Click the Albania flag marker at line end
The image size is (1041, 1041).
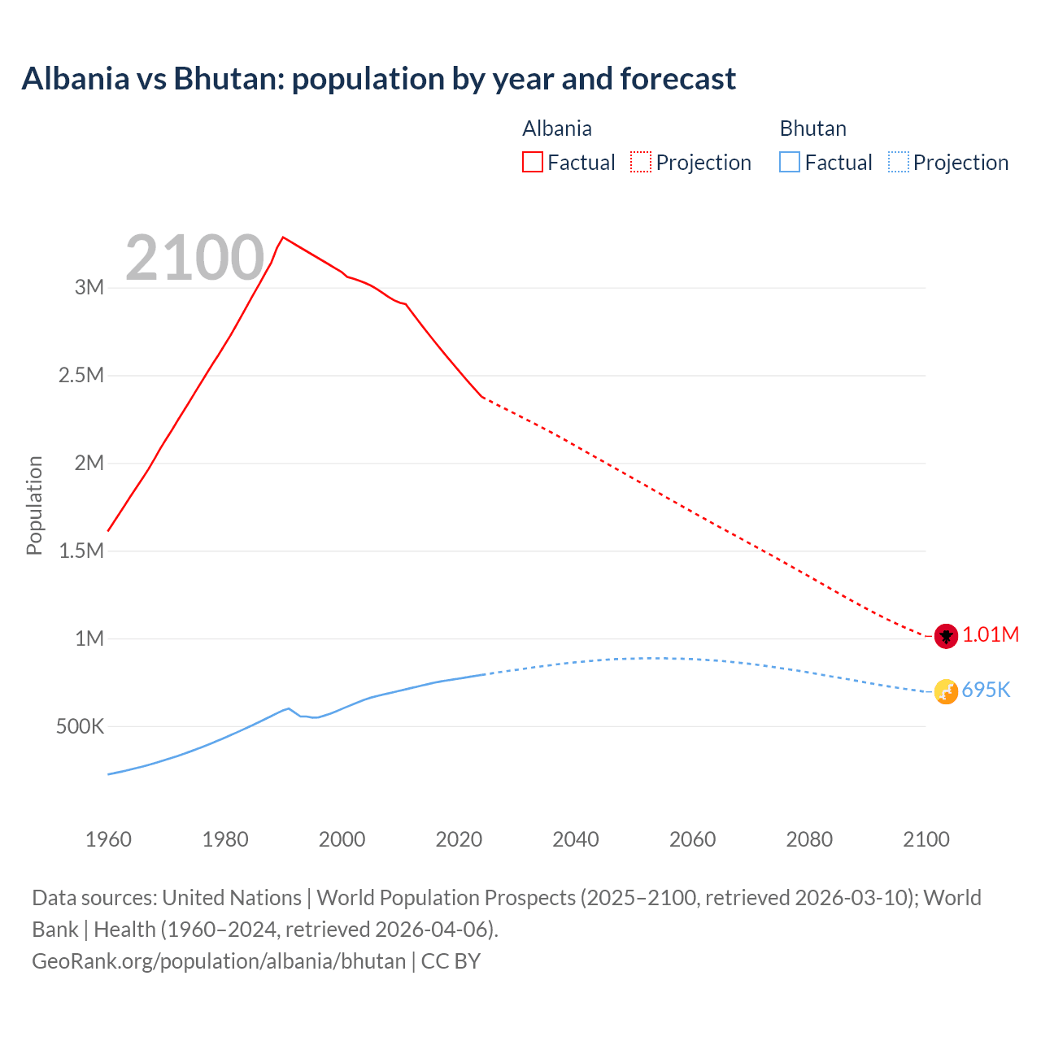(946, 636)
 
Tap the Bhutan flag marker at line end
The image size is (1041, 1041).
(946, 691)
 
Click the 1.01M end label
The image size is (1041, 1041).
(991, 635)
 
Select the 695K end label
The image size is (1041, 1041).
(986, 690)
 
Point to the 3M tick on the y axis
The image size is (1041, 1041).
(89, 287)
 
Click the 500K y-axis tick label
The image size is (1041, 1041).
(80, 726)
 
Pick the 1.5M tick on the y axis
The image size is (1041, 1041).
(81, 551)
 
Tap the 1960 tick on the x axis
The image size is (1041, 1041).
(108, 839)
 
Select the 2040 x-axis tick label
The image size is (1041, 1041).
(576, 839)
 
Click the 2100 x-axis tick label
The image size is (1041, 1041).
(926, 839)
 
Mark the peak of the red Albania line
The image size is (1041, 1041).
(282, 237)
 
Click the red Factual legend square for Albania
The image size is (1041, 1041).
(533, 162)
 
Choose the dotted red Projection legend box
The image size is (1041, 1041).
(641, 162)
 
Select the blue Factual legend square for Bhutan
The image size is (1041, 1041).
(790, 162)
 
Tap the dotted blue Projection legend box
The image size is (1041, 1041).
(899, 162)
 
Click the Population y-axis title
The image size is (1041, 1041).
(34, 505)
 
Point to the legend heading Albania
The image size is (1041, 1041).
(557, 128)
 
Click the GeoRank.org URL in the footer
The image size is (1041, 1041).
(219, 961)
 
